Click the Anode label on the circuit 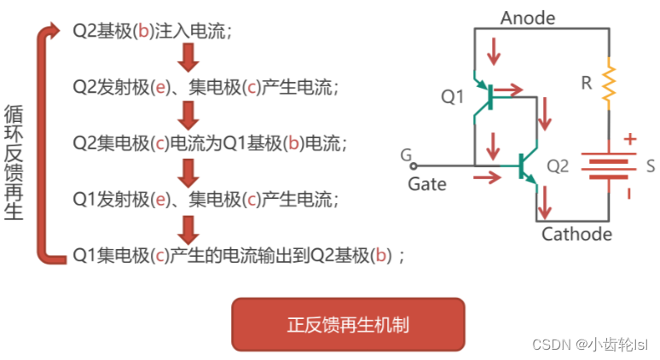tap(528, 17)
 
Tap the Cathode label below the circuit tap(576, 234)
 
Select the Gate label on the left tap(426, 183)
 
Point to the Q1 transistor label tap(452, 97)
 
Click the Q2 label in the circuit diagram tap(557, 166)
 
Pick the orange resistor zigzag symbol tap(609, 83)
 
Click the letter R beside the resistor tap(586, 83)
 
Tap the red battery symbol tap(608, 165)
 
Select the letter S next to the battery tap(650, 165)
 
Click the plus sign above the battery tap(629, 139)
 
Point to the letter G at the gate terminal tap(405, 155)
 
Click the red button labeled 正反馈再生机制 tap(348, 324)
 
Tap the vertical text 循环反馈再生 tap(14, 162)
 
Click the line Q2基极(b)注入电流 tap(153, 32)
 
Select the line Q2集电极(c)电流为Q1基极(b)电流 tap(199, 142)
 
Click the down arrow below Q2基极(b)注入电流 tap(189, 57)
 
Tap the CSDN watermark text tap(589, 345)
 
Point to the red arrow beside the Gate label tap(488, 177)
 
